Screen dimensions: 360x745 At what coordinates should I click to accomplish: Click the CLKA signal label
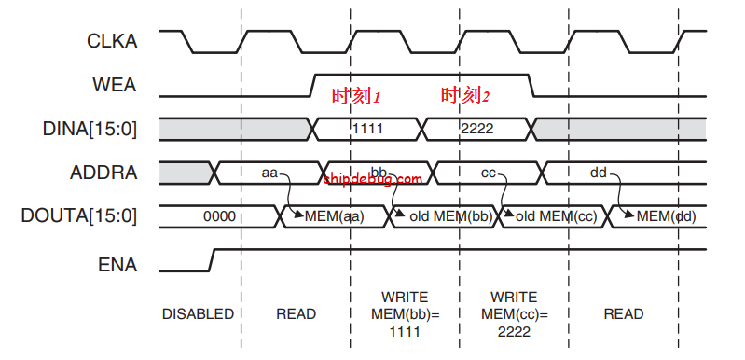pos(111,41)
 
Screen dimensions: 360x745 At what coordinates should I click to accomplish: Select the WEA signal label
pos(115,85)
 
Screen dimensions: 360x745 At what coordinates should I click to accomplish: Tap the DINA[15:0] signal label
pos(90,129)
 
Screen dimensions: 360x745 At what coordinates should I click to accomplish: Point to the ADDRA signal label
pos(103,173)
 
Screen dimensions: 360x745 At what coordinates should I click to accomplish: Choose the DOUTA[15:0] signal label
pos(78,216)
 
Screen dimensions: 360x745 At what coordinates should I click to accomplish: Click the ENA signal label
pos(117,265)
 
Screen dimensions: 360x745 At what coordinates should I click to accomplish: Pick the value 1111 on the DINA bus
pos(367,128)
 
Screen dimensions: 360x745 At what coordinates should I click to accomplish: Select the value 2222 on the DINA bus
pos(477,128)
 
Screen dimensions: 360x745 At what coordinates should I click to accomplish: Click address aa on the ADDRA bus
pos(269,173)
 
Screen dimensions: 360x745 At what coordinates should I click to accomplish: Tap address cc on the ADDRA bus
pos(489,173)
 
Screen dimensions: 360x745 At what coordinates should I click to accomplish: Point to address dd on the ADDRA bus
pos(599,173)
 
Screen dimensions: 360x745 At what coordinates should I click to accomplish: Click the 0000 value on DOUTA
pos(219,216)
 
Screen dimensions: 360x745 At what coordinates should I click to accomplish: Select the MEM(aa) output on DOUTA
pos(334,216)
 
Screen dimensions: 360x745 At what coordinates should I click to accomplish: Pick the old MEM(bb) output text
pos(444,216)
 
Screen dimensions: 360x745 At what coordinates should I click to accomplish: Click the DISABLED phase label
pos(198,314)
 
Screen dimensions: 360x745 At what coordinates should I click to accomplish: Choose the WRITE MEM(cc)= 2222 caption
pos(515,314)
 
